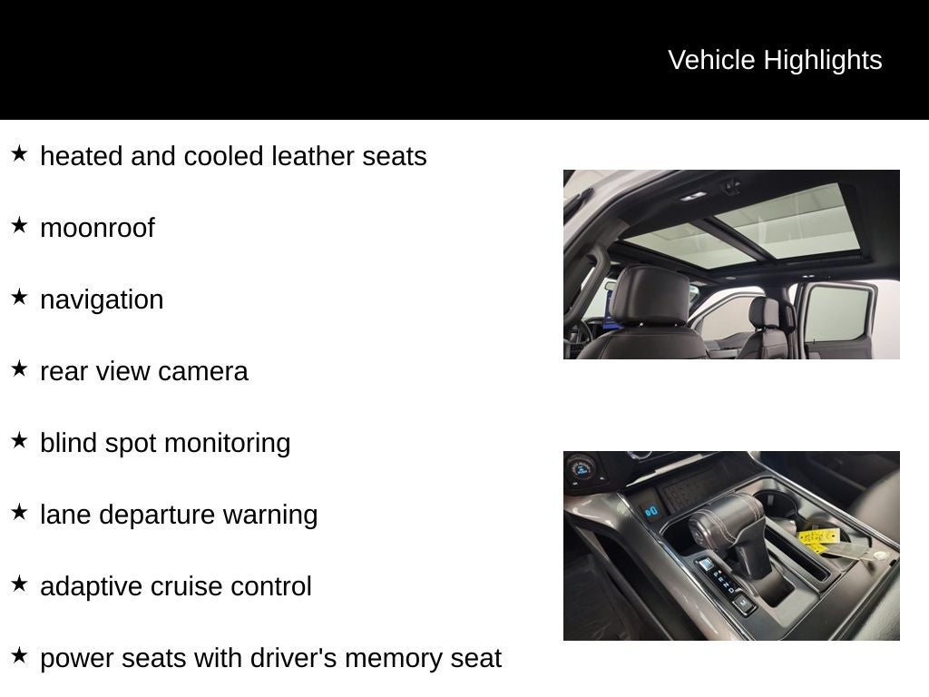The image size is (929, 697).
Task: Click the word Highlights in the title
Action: tap(822, 61)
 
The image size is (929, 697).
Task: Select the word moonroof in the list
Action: tap(97, 228)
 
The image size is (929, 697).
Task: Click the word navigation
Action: tap(102, 299)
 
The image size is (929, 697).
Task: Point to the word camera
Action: tap(202, 371)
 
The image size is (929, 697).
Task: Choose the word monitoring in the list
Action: tap(227, 443)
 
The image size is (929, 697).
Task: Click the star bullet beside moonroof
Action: tap(20, 225)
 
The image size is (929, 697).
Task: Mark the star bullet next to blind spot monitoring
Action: tap(20, 440)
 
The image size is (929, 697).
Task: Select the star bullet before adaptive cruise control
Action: tap(20, 584)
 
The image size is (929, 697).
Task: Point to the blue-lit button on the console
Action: tap(651, 511)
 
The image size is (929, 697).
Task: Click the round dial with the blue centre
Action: tap(582, 469)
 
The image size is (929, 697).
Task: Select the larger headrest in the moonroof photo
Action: tap(651, 295)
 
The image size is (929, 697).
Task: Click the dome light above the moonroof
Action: tap(693, 196)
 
